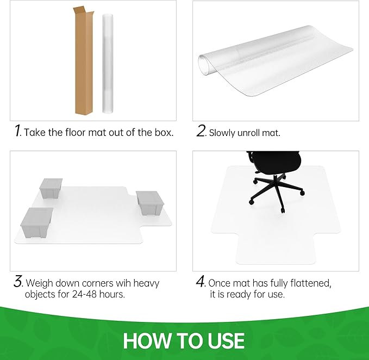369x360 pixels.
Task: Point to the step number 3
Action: coord(17,283)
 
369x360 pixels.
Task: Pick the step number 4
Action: coord(201,283)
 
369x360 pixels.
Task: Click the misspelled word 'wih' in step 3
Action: coord(120,283)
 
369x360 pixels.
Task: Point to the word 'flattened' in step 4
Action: coord(312,283)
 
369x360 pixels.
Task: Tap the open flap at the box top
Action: coord(80,11)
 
